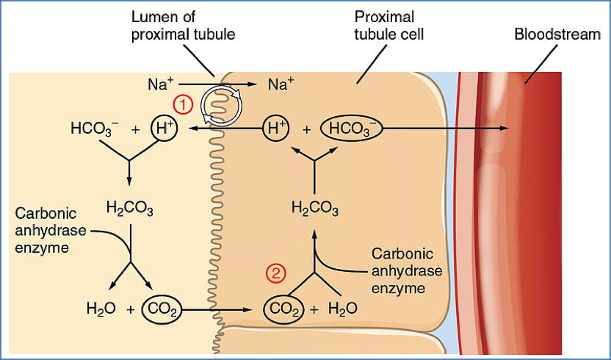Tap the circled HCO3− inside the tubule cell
coord(352,128)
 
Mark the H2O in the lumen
coord(101,309)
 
